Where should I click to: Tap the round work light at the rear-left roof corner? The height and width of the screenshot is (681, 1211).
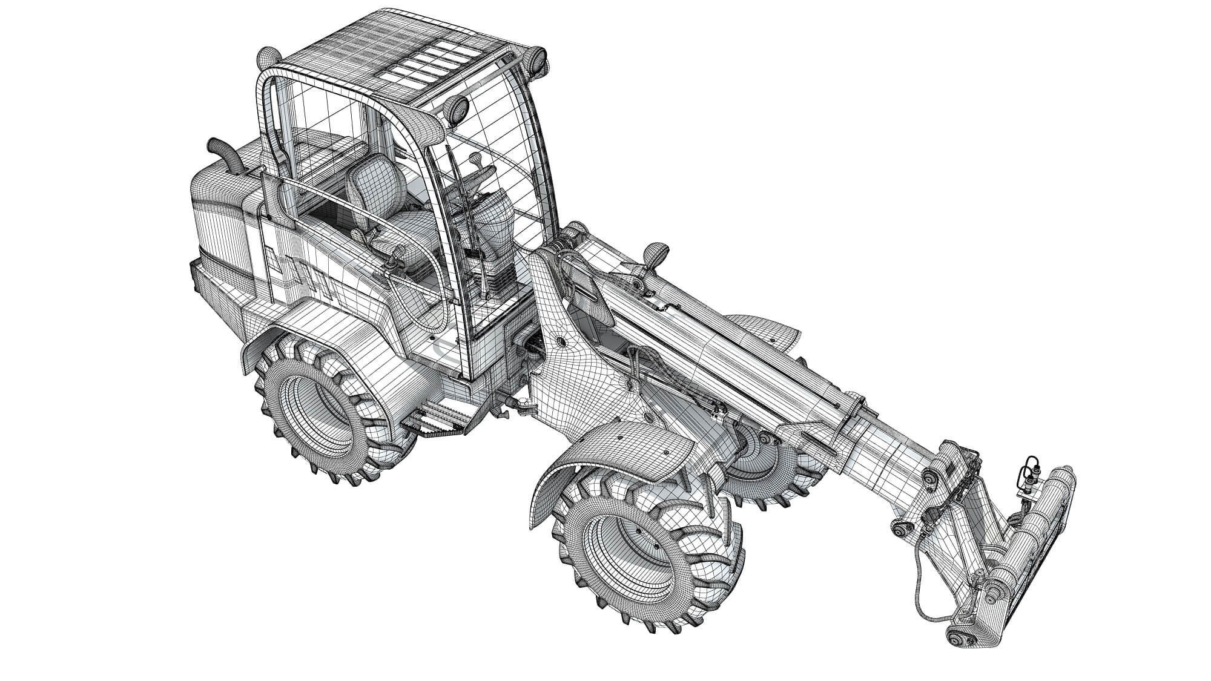pos(267,59)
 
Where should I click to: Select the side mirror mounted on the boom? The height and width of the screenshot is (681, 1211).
pos(655,252)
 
